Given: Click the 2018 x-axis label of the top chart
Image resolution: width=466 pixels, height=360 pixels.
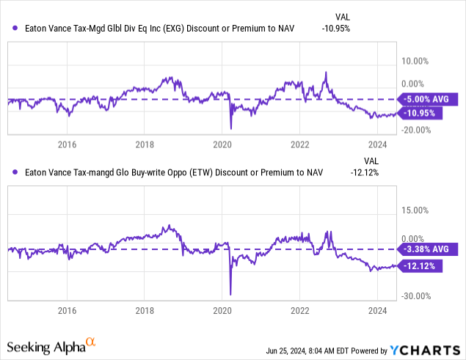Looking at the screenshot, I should point(145,144).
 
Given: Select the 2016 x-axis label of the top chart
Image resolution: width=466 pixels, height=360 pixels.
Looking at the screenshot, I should point(67,144).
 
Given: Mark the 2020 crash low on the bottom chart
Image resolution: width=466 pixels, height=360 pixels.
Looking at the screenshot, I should point(230,294).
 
